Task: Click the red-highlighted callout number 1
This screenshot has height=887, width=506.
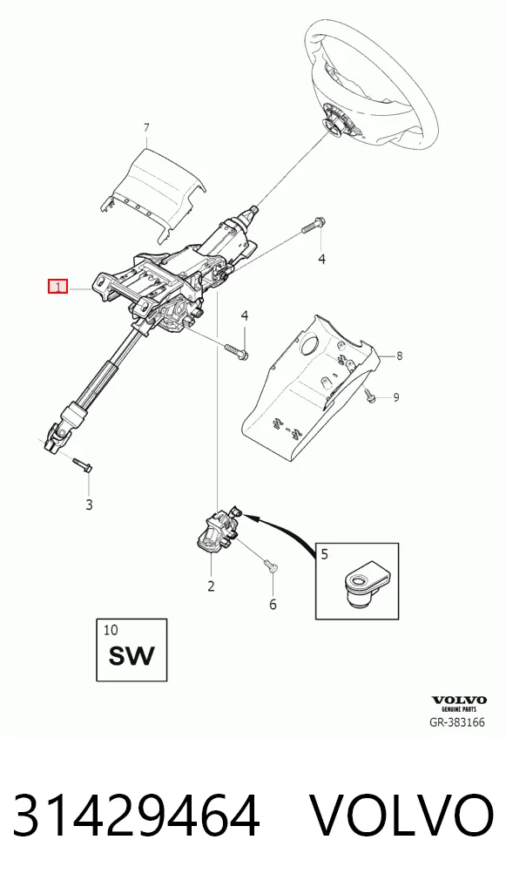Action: click(x=57, y=287)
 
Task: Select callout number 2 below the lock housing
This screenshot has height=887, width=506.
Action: click(x=211, y=586)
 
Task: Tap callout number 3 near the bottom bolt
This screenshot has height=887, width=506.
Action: click(x=90, y=504)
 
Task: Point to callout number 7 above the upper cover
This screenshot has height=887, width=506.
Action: click(x=146, y=128)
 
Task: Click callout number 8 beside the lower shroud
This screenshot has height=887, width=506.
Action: click(x=400, y=355)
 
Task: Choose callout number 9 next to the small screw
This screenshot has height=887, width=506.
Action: click(x=395, y=397)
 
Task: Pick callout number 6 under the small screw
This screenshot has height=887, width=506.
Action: click(x=273, y=605)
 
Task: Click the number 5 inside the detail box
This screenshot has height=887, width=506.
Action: click(x=325, y=553)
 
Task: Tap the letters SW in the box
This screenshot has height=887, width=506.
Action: click(x=132, y=655)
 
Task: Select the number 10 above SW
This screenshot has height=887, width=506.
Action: click(x=111, y=629)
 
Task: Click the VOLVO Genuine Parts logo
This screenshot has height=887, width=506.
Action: click(x=459, y=703)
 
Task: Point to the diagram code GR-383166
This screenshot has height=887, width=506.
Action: click(x=457, y=722)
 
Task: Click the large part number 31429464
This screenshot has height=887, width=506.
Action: click(x=136, y=815)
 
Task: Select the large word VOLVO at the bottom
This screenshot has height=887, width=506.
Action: click(x=402, y=815)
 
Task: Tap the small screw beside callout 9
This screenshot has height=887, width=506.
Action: click(x=370, y=396)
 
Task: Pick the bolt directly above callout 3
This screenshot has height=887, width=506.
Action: click(x=83, y=465)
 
